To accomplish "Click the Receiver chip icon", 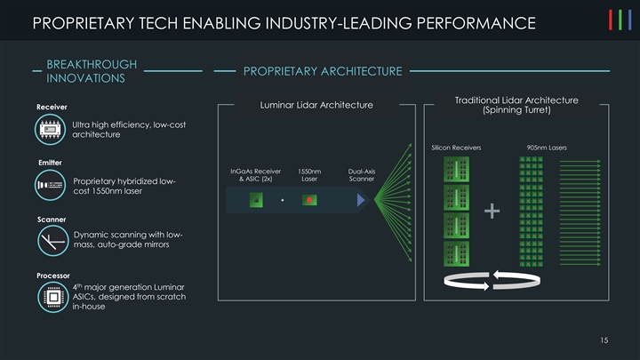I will (51, 130).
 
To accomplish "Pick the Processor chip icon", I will (51, 296).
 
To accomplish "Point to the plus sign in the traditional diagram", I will (492, 212).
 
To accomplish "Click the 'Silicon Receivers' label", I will (456, 148).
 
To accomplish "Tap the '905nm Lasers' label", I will (547, 148).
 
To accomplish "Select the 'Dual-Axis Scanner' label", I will (362, 175).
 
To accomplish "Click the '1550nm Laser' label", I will (309, 175).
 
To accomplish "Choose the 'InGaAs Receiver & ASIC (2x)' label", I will (255, 175).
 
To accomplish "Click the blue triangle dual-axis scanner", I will (360, 201).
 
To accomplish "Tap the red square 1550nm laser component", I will (309, 201).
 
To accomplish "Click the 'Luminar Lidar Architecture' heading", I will (316, 107).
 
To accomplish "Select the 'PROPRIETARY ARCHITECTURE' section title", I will (323, 70).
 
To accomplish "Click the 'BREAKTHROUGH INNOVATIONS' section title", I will (85, 71).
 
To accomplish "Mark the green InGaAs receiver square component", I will (255, 201).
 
